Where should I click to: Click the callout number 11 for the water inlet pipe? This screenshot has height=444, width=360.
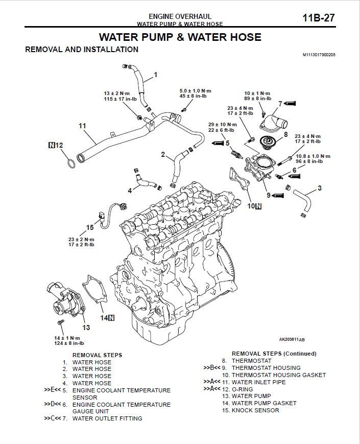82,125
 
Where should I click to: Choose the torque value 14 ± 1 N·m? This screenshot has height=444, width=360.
67,338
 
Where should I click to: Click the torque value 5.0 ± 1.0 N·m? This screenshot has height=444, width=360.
193,90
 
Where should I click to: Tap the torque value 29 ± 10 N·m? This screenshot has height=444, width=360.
223,125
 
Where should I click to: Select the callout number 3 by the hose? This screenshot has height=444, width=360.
320,188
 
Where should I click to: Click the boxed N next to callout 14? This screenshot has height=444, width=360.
111,318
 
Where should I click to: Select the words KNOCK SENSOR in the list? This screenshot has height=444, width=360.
255,410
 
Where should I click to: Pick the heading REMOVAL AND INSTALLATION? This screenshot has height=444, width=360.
82,50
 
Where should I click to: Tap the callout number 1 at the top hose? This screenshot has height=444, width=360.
156,74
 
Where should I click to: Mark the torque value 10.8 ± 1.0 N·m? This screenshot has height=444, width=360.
313,156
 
